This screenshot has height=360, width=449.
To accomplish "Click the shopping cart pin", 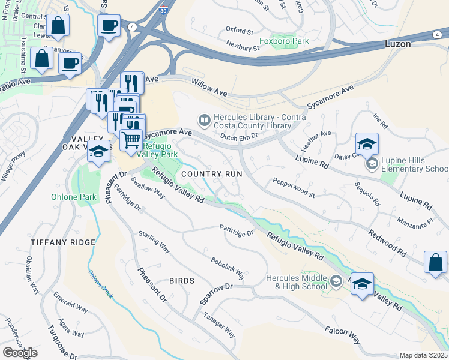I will [x=131, y=140].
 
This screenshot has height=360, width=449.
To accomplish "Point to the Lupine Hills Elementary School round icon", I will [x=372, y=163].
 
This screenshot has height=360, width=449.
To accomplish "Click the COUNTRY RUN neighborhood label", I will [x=212, y=173].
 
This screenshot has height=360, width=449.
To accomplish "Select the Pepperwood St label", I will [x=294, y=187].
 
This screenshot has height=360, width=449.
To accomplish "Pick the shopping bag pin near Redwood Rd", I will [x=435, y=262].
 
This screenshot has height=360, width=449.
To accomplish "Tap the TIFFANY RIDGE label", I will [x=63, y=242].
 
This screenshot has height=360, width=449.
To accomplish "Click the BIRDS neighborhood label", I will [x=182, y=281].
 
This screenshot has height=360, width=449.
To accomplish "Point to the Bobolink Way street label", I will [x=228, y=269].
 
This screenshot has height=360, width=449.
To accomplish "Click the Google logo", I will [x=20, y=353].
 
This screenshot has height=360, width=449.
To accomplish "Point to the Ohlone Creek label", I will [x=101, y=283].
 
